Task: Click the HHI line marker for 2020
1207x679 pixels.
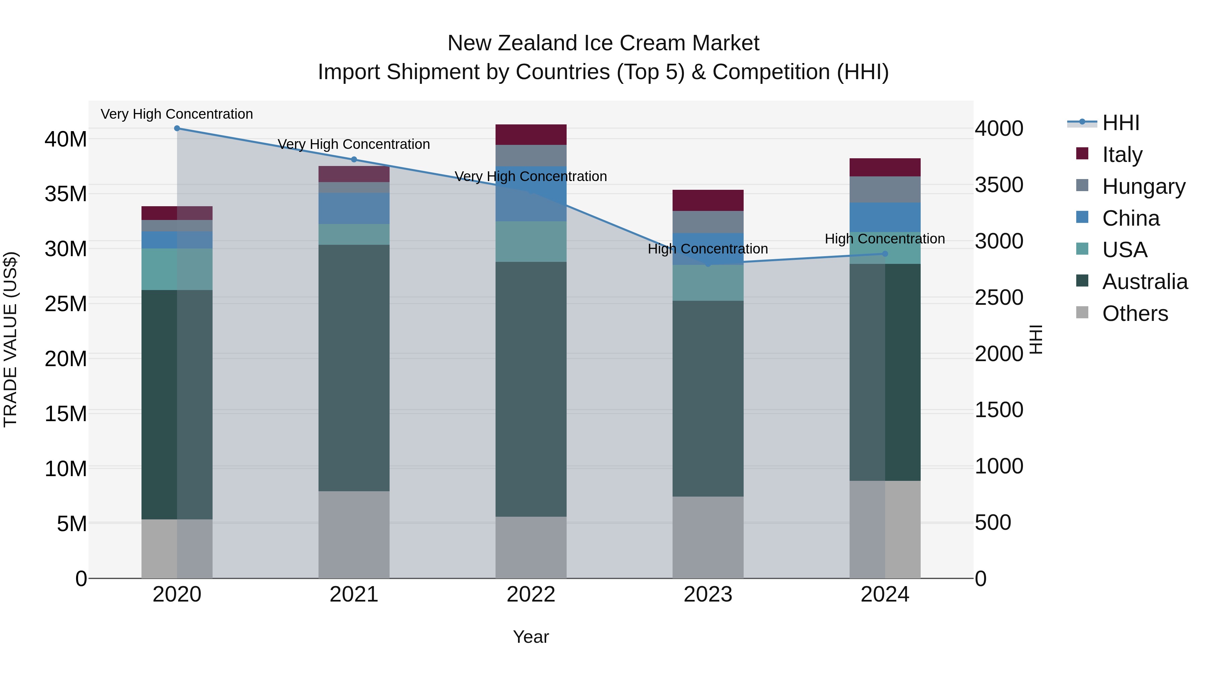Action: (177, 128)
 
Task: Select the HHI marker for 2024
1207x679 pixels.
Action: (885, 254)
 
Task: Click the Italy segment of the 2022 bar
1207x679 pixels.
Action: (531, 134)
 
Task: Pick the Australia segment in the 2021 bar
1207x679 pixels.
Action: (354, 368)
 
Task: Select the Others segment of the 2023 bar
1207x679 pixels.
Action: (707, 537)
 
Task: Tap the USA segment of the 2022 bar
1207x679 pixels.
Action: (531, 241)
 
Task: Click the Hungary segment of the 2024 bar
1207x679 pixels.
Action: (885, 189)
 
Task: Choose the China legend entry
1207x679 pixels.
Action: (1130, 218)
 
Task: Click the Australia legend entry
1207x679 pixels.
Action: (1144, 282)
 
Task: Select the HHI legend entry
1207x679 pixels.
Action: (1120, 123)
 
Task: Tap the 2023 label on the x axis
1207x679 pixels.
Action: (707, 595)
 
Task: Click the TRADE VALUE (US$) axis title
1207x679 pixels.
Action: (10, 339)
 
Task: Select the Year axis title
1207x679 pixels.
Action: (531, 637)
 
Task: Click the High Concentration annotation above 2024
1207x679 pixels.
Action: (885, 239)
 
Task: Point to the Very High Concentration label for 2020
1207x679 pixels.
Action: (177, 114)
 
